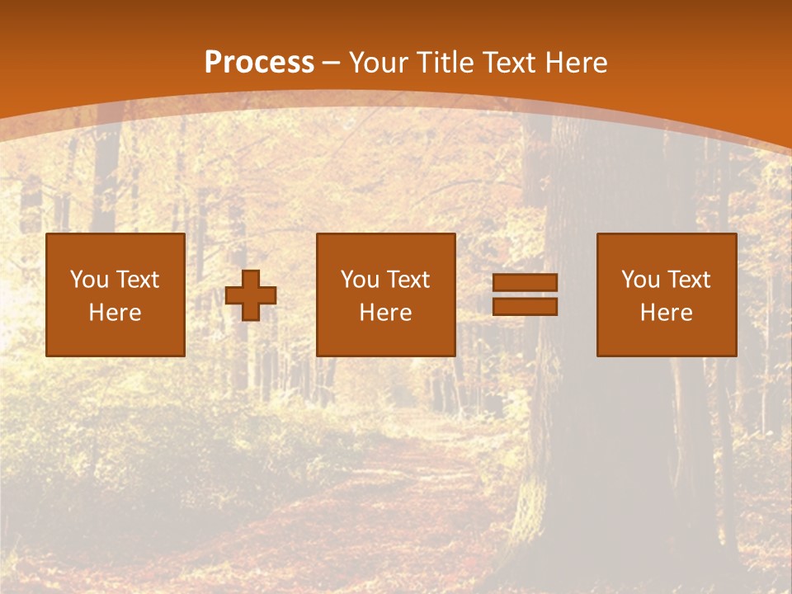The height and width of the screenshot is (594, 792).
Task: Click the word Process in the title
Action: (259, 63)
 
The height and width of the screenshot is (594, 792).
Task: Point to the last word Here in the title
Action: (577, 63)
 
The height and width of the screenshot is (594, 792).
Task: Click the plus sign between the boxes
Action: (251, 295)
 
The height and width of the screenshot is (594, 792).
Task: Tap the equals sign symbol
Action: (525, 295)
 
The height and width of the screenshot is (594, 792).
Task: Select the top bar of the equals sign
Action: (525, 283)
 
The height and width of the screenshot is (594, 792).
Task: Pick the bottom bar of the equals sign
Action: (525, 306)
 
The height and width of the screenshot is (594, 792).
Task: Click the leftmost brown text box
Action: (115, 295)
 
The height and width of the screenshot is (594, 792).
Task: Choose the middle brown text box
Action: (386, 295)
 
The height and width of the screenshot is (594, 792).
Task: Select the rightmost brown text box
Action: (667, 295)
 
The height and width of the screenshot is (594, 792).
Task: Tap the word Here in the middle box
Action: (386, 313)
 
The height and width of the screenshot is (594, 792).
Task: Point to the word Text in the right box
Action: (689, 280)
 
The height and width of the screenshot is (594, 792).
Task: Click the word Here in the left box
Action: (115, 313)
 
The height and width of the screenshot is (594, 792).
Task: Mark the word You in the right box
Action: (639, 280)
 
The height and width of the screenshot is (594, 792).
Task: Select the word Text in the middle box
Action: (408, 280)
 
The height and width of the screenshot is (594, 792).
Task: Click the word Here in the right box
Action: (667, 313)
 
